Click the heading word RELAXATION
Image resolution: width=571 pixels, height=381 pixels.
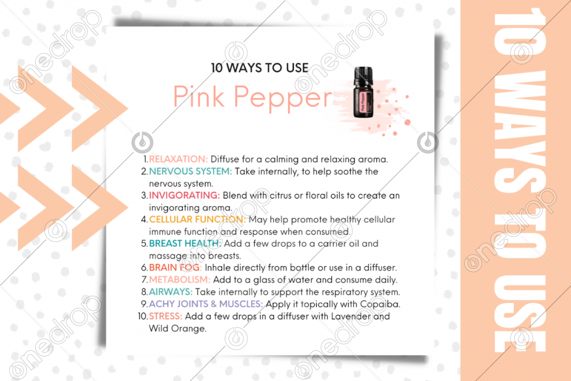coord(178,159)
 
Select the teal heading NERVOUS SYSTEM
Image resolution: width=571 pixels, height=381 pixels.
coord(190,171)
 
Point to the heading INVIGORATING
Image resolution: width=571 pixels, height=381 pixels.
coord(184,195)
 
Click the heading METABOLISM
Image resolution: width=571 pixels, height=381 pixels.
coord(179,280)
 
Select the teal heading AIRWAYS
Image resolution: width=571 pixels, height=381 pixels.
coord(170,292)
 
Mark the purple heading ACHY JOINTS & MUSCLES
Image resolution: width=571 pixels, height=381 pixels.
coord(206,304)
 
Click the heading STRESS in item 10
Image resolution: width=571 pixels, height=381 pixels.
coord(166,316)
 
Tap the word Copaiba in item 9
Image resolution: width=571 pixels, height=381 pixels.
coord(380,304)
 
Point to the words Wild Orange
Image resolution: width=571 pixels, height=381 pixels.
coord(178,328)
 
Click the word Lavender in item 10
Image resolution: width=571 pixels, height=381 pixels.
coord(351,316)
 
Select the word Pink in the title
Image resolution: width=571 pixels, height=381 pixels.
coord(199,97)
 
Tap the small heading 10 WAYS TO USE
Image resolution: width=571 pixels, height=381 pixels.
coord(260,68)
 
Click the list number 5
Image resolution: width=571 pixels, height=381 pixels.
coord(144,244)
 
